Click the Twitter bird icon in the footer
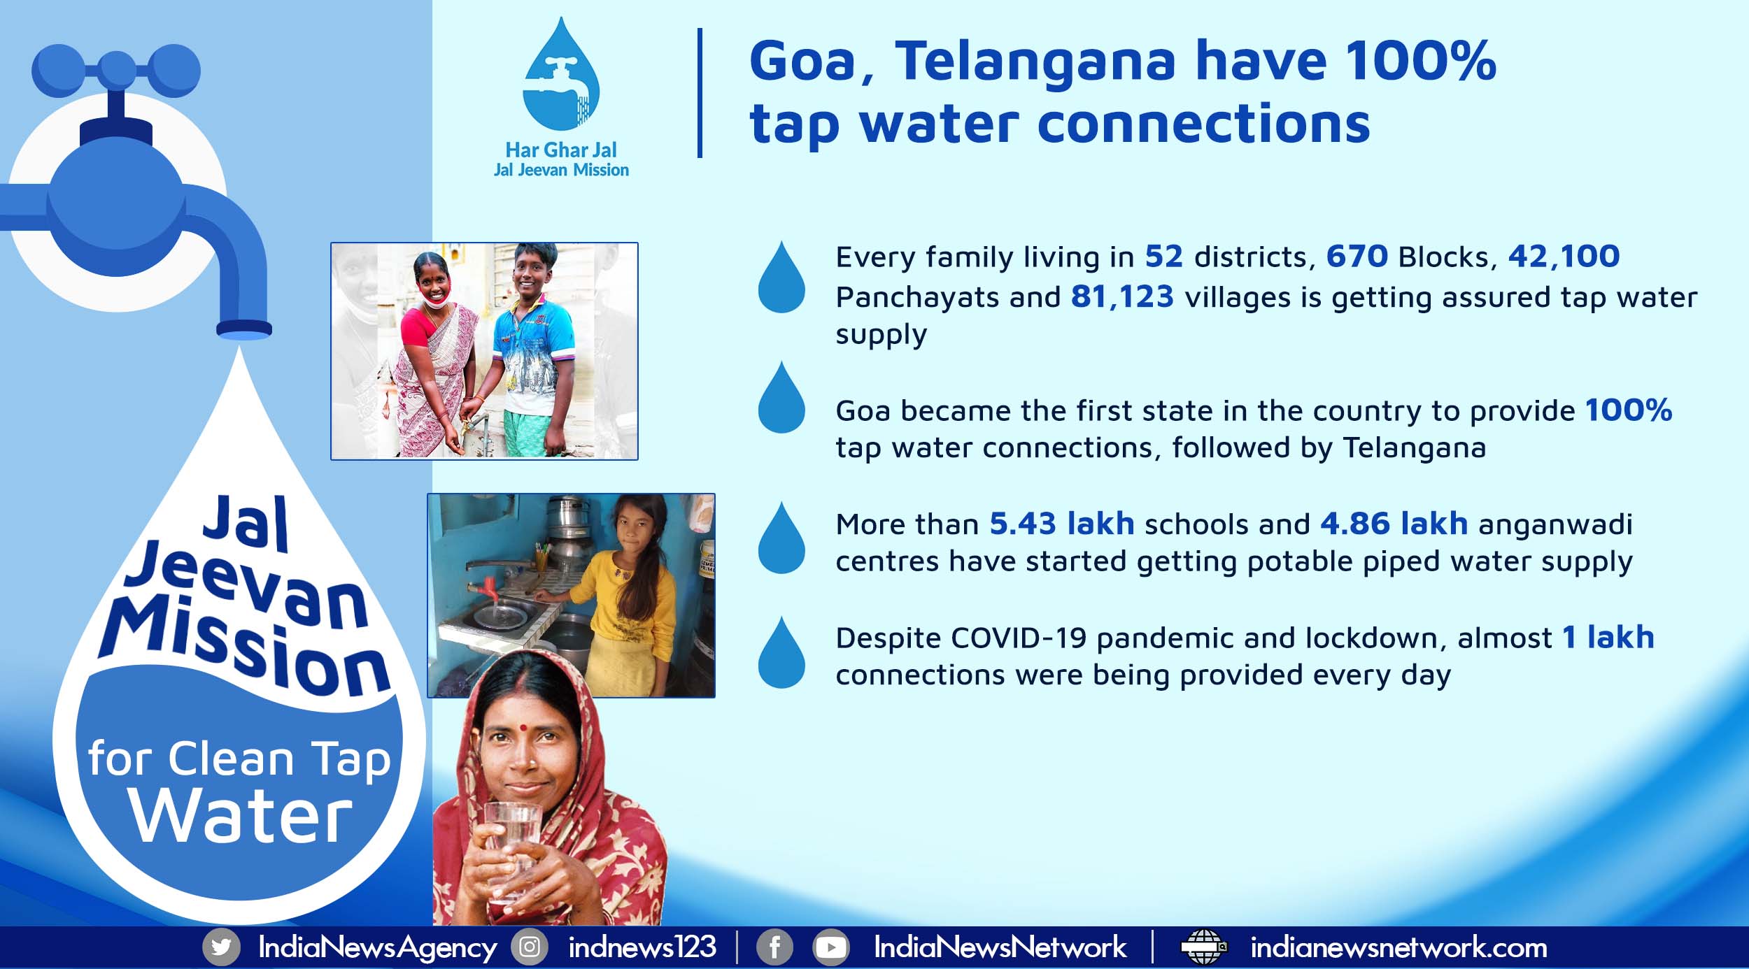[221, 947]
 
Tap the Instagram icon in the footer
[530, 947]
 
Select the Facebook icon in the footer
[774, 947]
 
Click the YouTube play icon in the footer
[830, 947]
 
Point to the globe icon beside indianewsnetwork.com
[1203, 947]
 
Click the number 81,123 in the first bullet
[1122, 296]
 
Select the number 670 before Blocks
[1357, 256]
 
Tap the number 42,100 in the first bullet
[1564, 257]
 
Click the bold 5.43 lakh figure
[1061, 523]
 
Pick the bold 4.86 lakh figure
[1394, 523]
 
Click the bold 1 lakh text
[1608, 637]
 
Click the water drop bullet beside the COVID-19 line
[781, 652]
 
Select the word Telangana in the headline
[1036, 62]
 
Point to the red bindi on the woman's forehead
[523, 727]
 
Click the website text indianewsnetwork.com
[1399, 947]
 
